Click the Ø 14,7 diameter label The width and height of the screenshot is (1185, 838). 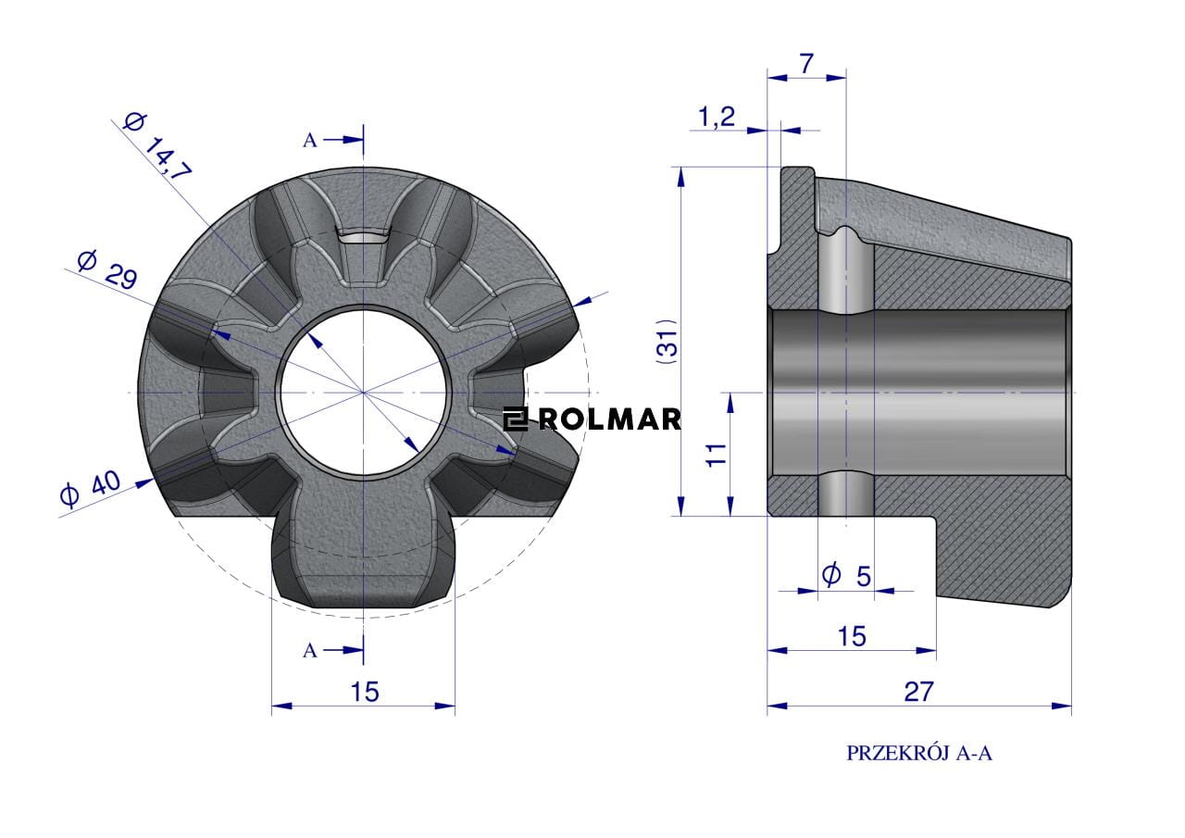[x=157, y=147]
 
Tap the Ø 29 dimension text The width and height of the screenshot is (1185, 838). [x=107, y=270]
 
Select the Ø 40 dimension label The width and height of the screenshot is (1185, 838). [x=91, y=488]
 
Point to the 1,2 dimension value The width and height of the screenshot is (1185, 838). [x=717, y=117]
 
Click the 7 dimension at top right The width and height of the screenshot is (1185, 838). [x=805, y=65]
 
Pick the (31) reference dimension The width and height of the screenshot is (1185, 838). [x=667, y=342]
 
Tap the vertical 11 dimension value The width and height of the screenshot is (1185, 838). [x=716, y=455]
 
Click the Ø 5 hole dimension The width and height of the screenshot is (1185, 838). [x=846, y=575]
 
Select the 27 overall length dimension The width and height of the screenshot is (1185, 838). [x=919, y=692]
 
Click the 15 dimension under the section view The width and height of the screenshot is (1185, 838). [x=852, y=636]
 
